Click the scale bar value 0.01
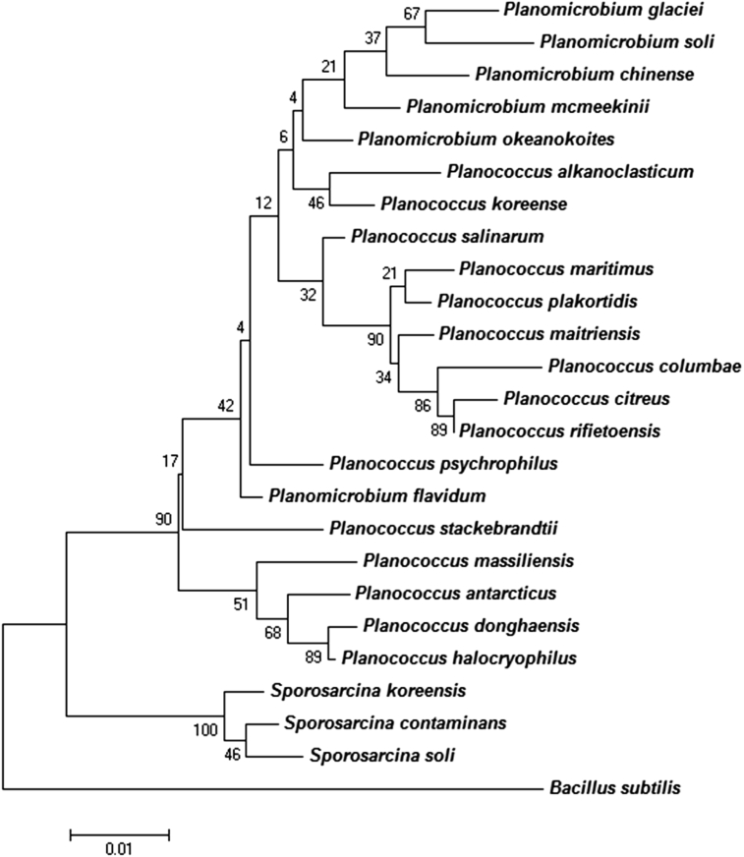[x=119, y=848]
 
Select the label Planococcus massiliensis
[x=440, y=561]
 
